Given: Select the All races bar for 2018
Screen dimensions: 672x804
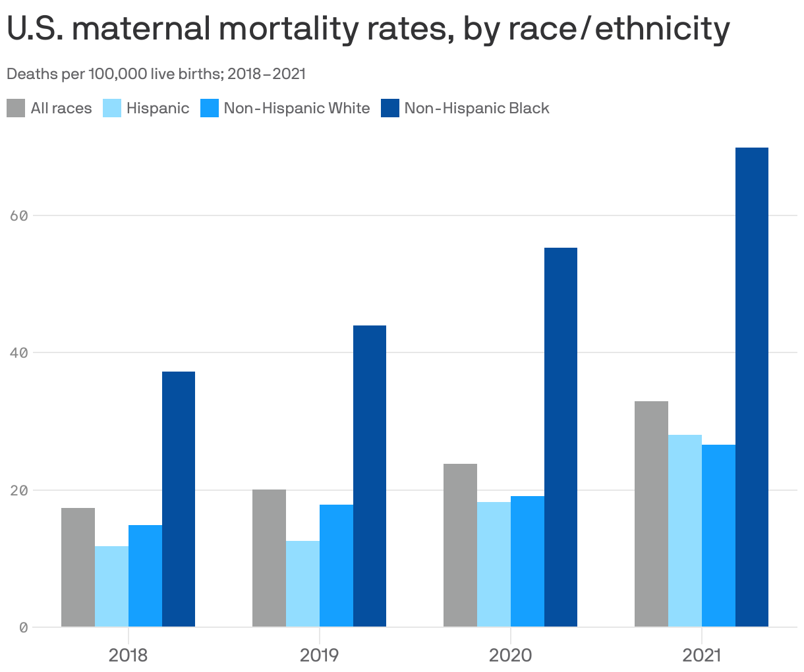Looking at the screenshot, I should pos(78,567).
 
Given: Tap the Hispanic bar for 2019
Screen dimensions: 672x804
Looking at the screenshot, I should pos(302,584).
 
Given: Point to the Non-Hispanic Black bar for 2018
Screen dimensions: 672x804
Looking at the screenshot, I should pos(179,499).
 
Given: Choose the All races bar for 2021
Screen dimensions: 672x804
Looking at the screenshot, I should pos(651,514).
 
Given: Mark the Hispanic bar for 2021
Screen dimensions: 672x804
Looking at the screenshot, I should pos(685,531).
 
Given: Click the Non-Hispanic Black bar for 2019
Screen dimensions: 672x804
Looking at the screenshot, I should pos(370,476).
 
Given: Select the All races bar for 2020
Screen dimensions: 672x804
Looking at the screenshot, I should pos(460,546).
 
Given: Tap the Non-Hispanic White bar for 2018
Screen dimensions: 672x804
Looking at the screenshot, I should pos(145,576).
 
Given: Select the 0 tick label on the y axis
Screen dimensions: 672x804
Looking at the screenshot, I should pos(24,628).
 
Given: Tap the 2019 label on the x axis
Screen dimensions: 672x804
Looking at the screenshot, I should pos(320,656).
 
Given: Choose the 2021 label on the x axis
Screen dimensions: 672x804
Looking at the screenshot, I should pos(702,656).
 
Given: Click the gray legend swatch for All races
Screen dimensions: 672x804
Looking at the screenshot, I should pos(16,108).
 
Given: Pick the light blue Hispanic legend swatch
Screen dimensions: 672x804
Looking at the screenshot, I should pos(112,108).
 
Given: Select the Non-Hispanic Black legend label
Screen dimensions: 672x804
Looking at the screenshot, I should pos(476,108).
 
